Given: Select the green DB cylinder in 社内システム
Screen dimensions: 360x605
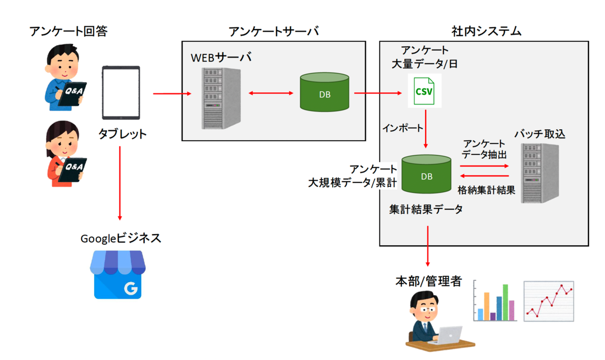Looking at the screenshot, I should coord(426,174).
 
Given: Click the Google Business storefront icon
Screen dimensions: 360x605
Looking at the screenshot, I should coord(118,275).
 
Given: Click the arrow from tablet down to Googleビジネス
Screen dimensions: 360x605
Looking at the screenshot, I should coord(120,182).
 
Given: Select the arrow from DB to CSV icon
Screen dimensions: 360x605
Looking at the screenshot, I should coord(378,93).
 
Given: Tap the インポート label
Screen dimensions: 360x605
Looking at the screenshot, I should coord(403,128).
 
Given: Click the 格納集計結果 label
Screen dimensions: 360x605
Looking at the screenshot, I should coord(486,190).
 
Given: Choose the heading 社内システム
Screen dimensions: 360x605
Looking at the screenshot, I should coord(483,31).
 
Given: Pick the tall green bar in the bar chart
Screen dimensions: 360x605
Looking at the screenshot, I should coord(505,302).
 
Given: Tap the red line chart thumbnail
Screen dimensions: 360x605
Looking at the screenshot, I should coord(548,301).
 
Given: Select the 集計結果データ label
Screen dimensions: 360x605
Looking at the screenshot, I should coord(426,209).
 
